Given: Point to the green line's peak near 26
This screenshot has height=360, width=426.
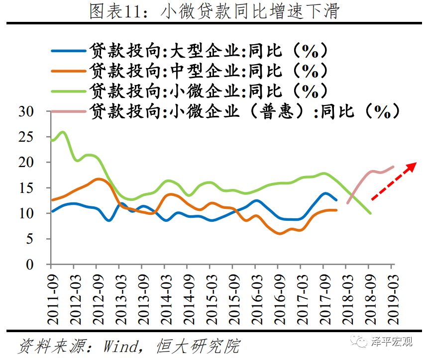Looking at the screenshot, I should [x=63, y=132].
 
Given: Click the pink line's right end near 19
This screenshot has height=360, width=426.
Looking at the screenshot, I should [x=393, y=167].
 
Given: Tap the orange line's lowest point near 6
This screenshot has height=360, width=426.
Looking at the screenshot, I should [x=280, y=233].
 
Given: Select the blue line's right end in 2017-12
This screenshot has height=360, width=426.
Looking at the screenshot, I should [x=336, y=200].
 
